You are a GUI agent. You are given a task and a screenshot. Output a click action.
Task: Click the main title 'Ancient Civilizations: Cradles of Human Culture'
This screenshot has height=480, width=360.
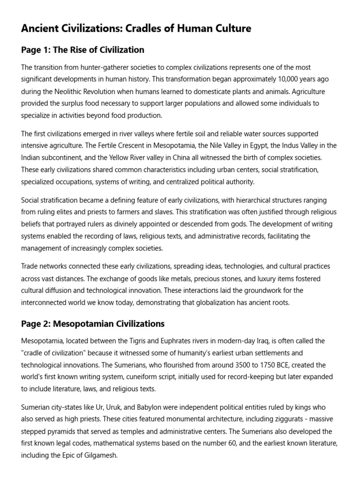[136, 29]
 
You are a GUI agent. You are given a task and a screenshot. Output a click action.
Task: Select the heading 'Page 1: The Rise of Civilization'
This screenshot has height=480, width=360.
[82, 50]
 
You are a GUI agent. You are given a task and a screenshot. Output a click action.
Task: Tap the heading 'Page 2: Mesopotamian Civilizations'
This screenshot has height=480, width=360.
[93, 323]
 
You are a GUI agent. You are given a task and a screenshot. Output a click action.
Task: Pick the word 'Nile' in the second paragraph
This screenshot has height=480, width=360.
[229, 146]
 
